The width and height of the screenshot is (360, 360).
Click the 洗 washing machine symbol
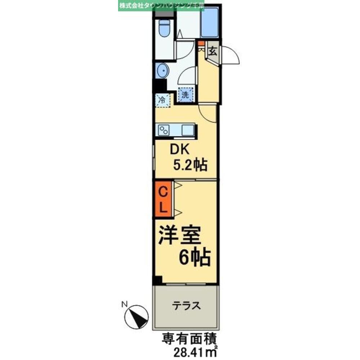coord(185,95)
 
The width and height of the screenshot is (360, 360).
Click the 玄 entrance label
coord(213,51)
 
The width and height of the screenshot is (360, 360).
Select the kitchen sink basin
coord(188,130)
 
